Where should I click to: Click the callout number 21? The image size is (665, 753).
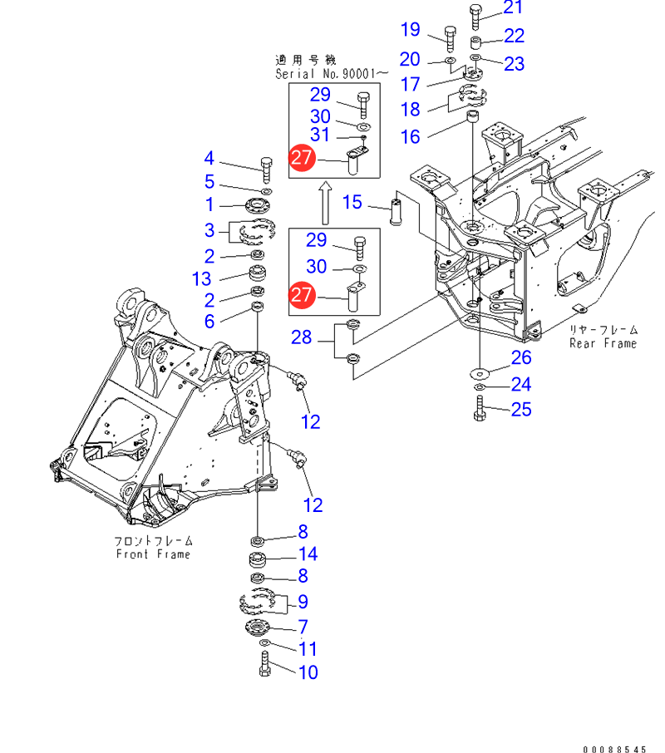pyautogui.click(x=514, y=8)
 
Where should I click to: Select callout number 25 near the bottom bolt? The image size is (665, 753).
pyautogui.click(x=521, y=409)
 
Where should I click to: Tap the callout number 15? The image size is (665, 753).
pyautogui.click(x=353, y=202)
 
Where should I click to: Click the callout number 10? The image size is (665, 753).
pyautogui.click(x=308, y=672)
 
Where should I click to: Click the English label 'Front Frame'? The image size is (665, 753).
pyautogui.click(x=153, y=554)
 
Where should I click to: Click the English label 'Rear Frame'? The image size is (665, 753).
pyautogui.click(x=603, y=343)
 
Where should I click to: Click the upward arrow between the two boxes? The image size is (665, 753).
pyautogui.click(x=326, y=204)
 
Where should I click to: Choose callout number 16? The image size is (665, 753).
pyautogui.click(x=411, y=135)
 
